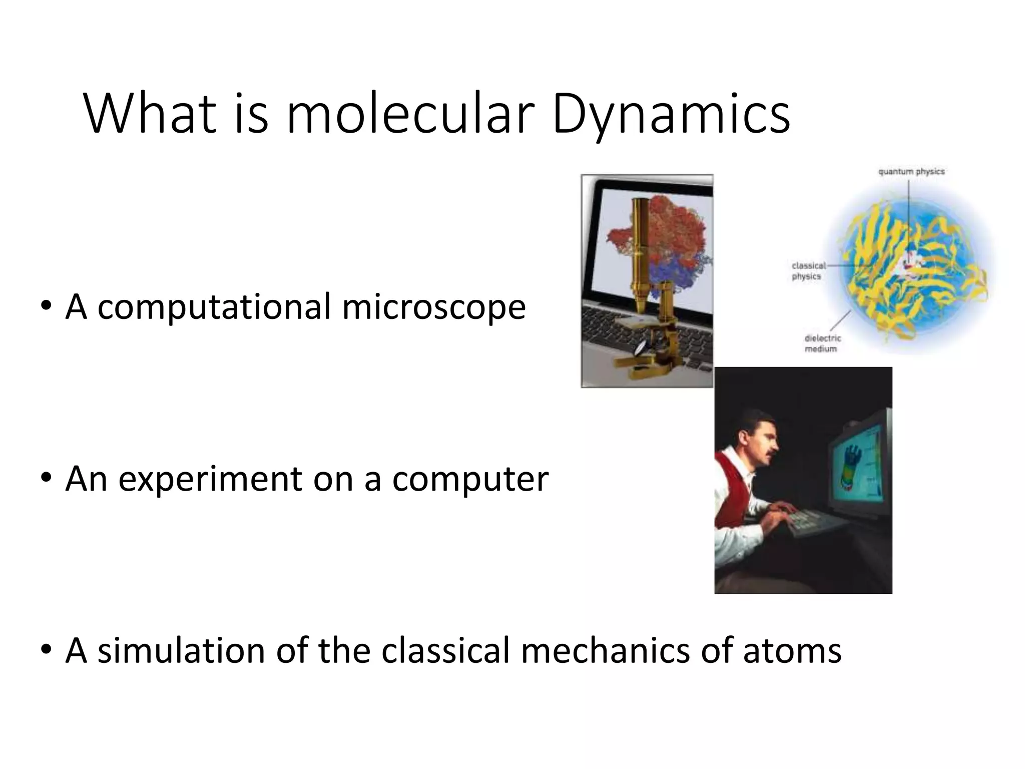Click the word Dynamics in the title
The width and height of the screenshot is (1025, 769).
[671, 116]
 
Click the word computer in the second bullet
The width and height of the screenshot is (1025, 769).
[470, 479]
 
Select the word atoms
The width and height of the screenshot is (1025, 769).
[792, 650]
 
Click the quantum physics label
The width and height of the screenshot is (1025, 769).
[911, 172]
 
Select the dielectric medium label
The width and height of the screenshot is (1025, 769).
[822, 343]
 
